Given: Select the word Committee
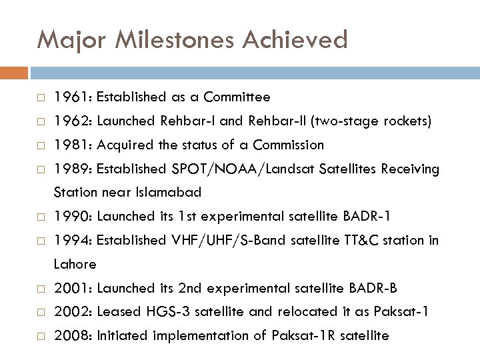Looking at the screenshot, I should pyautogui.click(x=238, y=97).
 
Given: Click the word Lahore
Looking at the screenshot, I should pyautogui.click(x=75, y=265).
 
